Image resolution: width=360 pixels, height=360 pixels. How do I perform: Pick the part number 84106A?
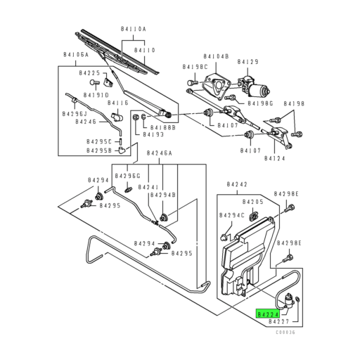point(74,54)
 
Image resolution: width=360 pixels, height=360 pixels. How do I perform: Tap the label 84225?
point(89,73)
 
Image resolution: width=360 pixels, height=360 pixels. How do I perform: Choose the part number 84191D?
point(96,94)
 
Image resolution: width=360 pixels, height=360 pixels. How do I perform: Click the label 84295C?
point(99,141)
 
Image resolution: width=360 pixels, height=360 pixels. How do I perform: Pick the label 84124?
point(276,158)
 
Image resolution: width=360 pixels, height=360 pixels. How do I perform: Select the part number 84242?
point(238,184)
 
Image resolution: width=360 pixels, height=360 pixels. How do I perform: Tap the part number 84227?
point(270,324)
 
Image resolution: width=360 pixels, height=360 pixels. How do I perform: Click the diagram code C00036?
point(285,333)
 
